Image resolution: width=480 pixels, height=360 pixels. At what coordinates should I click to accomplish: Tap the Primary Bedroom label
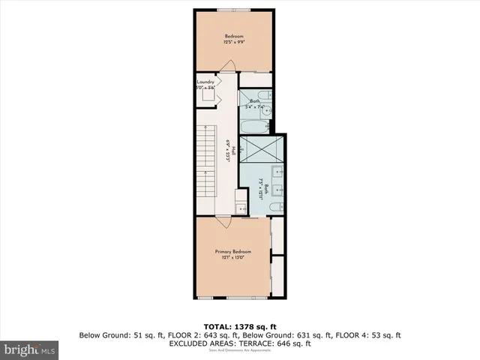pos(232,251)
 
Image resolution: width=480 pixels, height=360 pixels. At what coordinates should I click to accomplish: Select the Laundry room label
pos(206,82)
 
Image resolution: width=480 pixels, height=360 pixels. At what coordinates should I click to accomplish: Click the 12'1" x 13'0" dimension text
pos(232,258)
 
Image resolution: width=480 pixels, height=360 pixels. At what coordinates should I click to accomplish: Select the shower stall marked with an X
pos(262,148)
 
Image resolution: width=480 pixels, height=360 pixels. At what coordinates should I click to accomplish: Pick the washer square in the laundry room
pos(206,96)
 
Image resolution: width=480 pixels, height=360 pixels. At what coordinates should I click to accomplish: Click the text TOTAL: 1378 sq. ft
pos(240,326)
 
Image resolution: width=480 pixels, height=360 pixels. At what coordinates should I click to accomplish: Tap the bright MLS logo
pos(30,349)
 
